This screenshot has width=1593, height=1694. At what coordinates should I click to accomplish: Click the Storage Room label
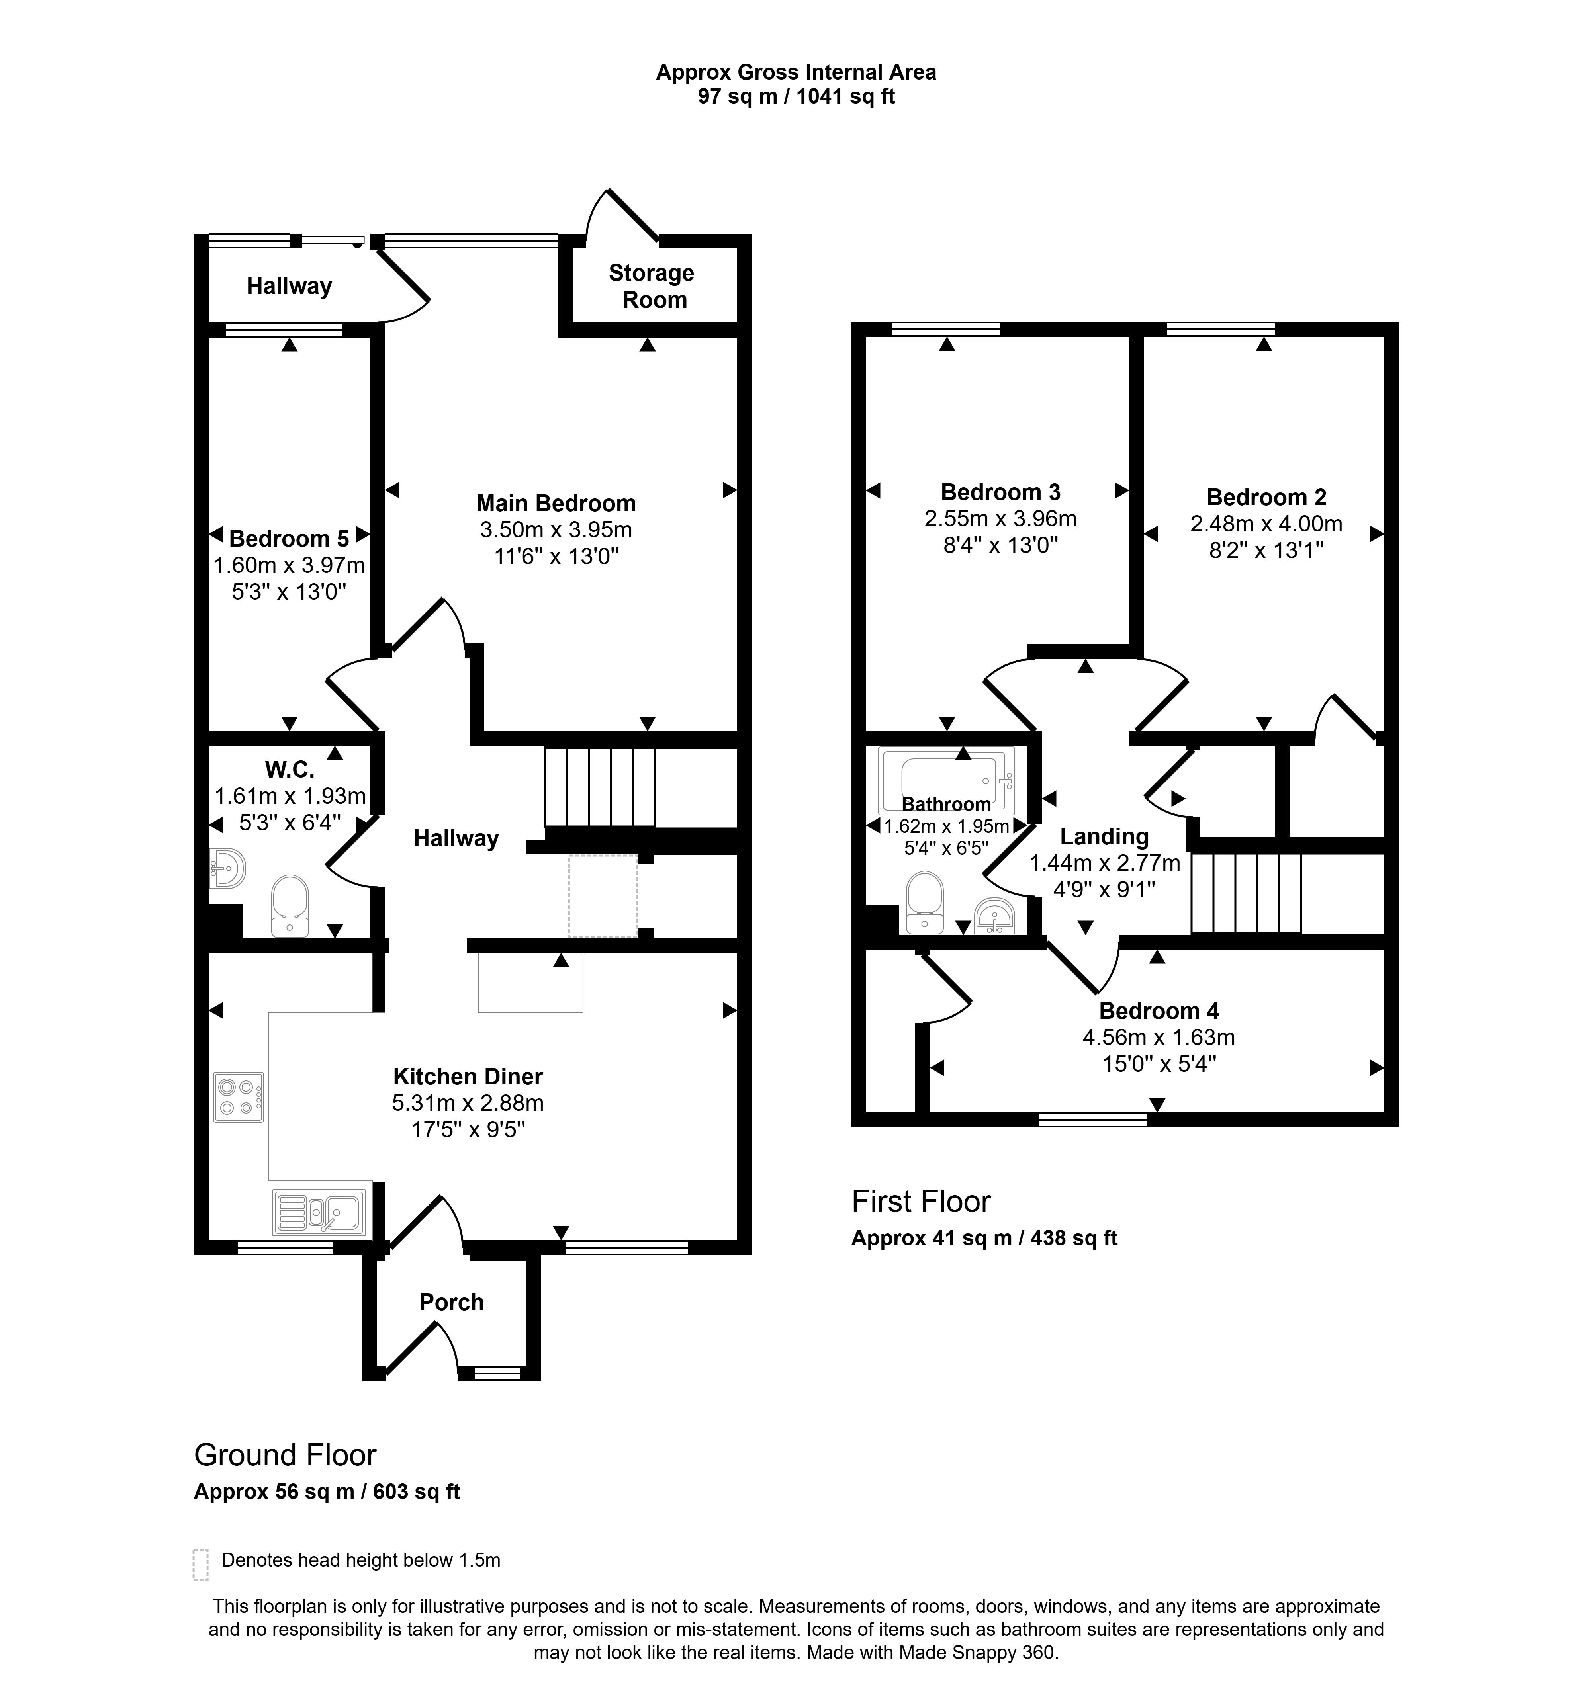click(652, 286)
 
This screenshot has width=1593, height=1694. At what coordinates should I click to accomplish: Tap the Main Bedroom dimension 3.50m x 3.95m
click(556, 530)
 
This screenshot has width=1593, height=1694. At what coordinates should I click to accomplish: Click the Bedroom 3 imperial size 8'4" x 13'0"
click(1001, 545)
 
